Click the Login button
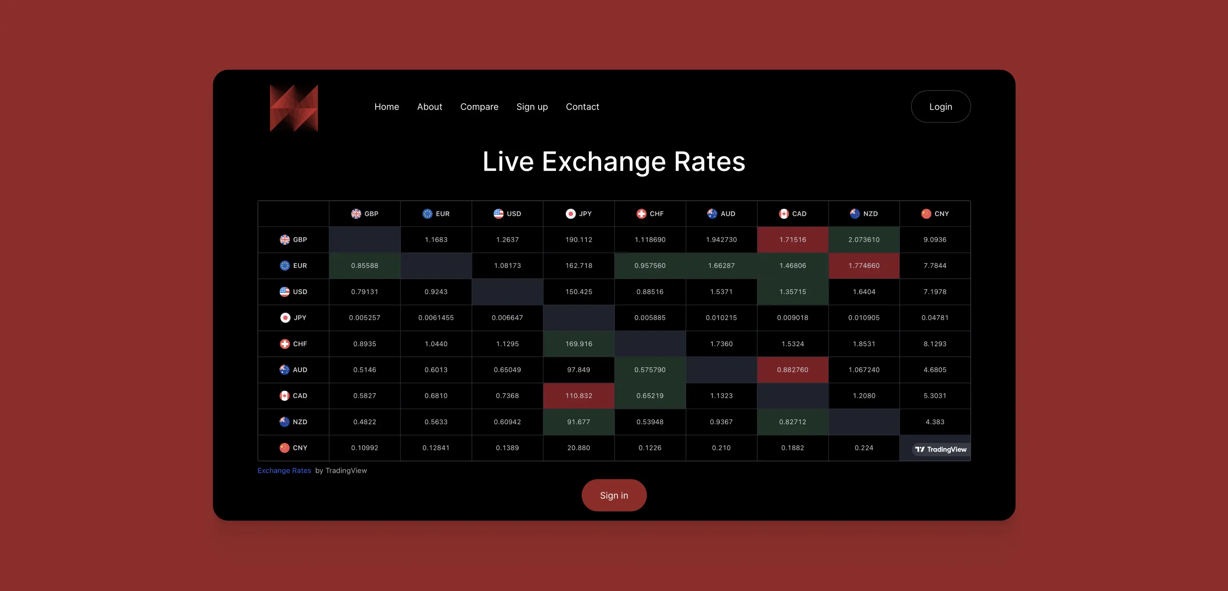point(940,107)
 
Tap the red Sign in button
point(614,495)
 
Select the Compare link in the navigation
point(479,107)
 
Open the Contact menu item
point(582,107)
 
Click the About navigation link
point(429,107)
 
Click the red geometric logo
point(294,108)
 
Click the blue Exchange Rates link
point(284,470)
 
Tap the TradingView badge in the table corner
point(941,449)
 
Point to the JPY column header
point(579,214)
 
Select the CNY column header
point(935,214)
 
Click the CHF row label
point(294,344)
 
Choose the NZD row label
point(294,422)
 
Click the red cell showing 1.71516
point(792,240)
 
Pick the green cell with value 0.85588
point(365,266)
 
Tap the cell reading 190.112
point(579,240)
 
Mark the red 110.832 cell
point(579,396)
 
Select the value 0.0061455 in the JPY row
point(436,317)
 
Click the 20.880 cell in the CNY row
point(579,448)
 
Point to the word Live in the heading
point(508,162)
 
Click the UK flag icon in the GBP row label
point(284,240)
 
